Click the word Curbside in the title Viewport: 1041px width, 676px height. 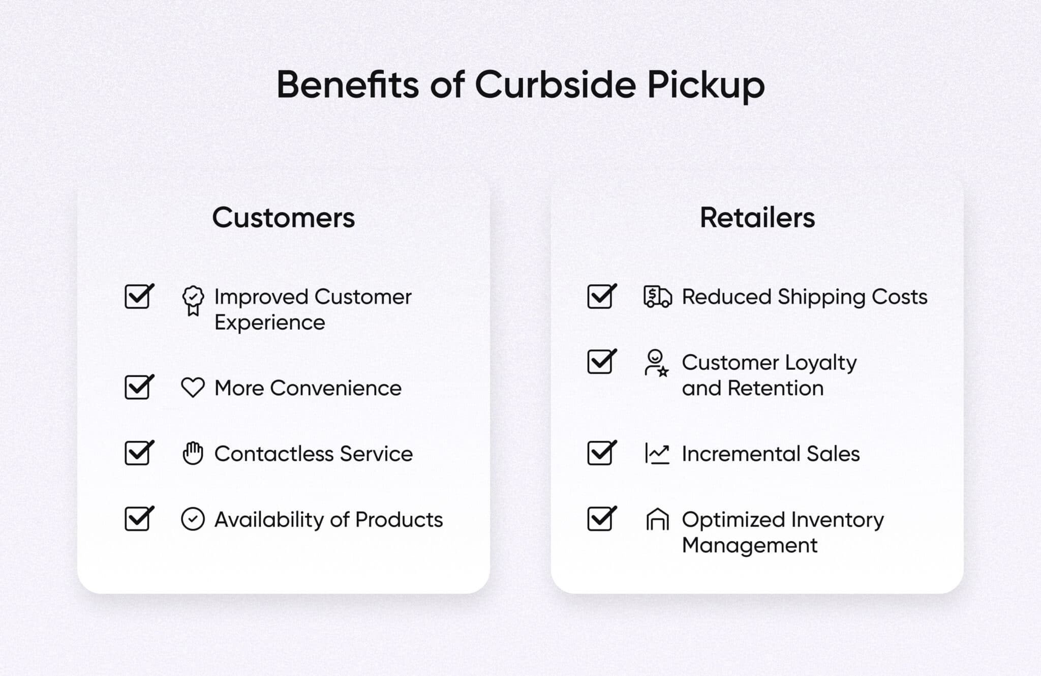tap(555, 84)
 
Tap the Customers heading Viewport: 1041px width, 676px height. tap(283, 218)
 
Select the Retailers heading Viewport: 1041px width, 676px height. tap(757, 218)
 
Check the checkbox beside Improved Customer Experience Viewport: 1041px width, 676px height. tap(138, 297)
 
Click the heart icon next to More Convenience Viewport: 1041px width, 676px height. tap(193, 388)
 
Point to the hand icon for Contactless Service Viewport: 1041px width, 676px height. tap(193, 453)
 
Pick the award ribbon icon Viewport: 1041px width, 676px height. tap(193, 301)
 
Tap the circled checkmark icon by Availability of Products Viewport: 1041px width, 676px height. tap(193, 519)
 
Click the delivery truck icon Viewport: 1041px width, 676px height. tap(657, 297)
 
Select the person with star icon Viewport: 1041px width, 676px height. tap(656, 363)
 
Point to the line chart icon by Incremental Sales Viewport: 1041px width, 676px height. tap(657, 453)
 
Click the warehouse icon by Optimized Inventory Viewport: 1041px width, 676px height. tap(657, 519)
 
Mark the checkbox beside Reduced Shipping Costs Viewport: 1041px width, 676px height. tap(601, 297)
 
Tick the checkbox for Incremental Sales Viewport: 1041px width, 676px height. tap(601, 453)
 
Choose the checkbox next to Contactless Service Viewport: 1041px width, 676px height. tap(138, 453)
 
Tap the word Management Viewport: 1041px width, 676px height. tap(749, 545)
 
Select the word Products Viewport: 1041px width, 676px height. tap(399, 519)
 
